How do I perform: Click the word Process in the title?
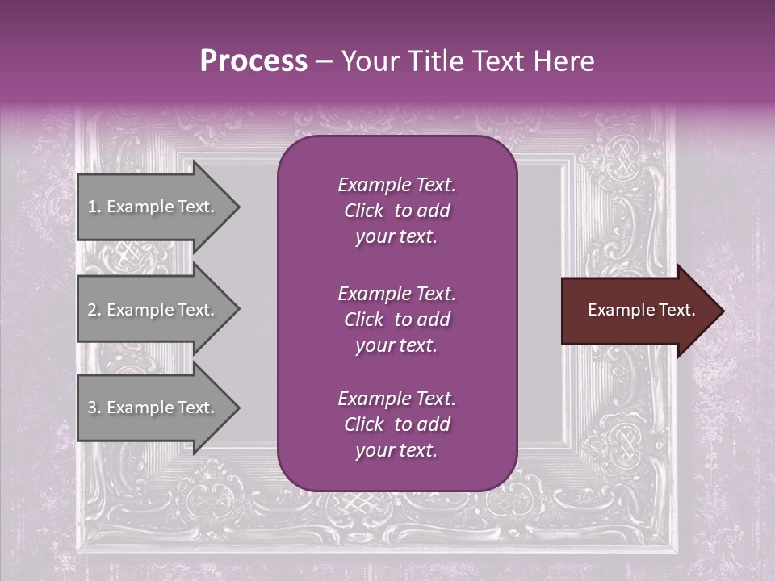[253, 61]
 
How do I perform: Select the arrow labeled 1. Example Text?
[153, 207]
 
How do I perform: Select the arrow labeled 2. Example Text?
[153, 310]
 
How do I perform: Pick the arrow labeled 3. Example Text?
[153, 408]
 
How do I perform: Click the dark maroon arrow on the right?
[638, 311]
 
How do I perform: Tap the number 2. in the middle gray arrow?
[94, 310]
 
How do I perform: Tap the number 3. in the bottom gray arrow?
[94, 408]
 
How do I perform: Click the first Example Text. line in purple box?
[396, 185]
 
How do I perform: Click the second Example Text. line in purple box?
[396, 293]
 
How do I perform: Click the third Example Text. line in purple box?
[396, 399]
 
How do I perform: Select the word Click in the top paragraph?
[363, 211]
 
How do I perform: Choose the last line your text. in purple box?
[396, 451]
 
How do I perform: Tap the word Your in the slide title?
[368, 61]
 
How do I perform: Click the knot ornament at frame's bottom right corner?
[624, 443]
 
